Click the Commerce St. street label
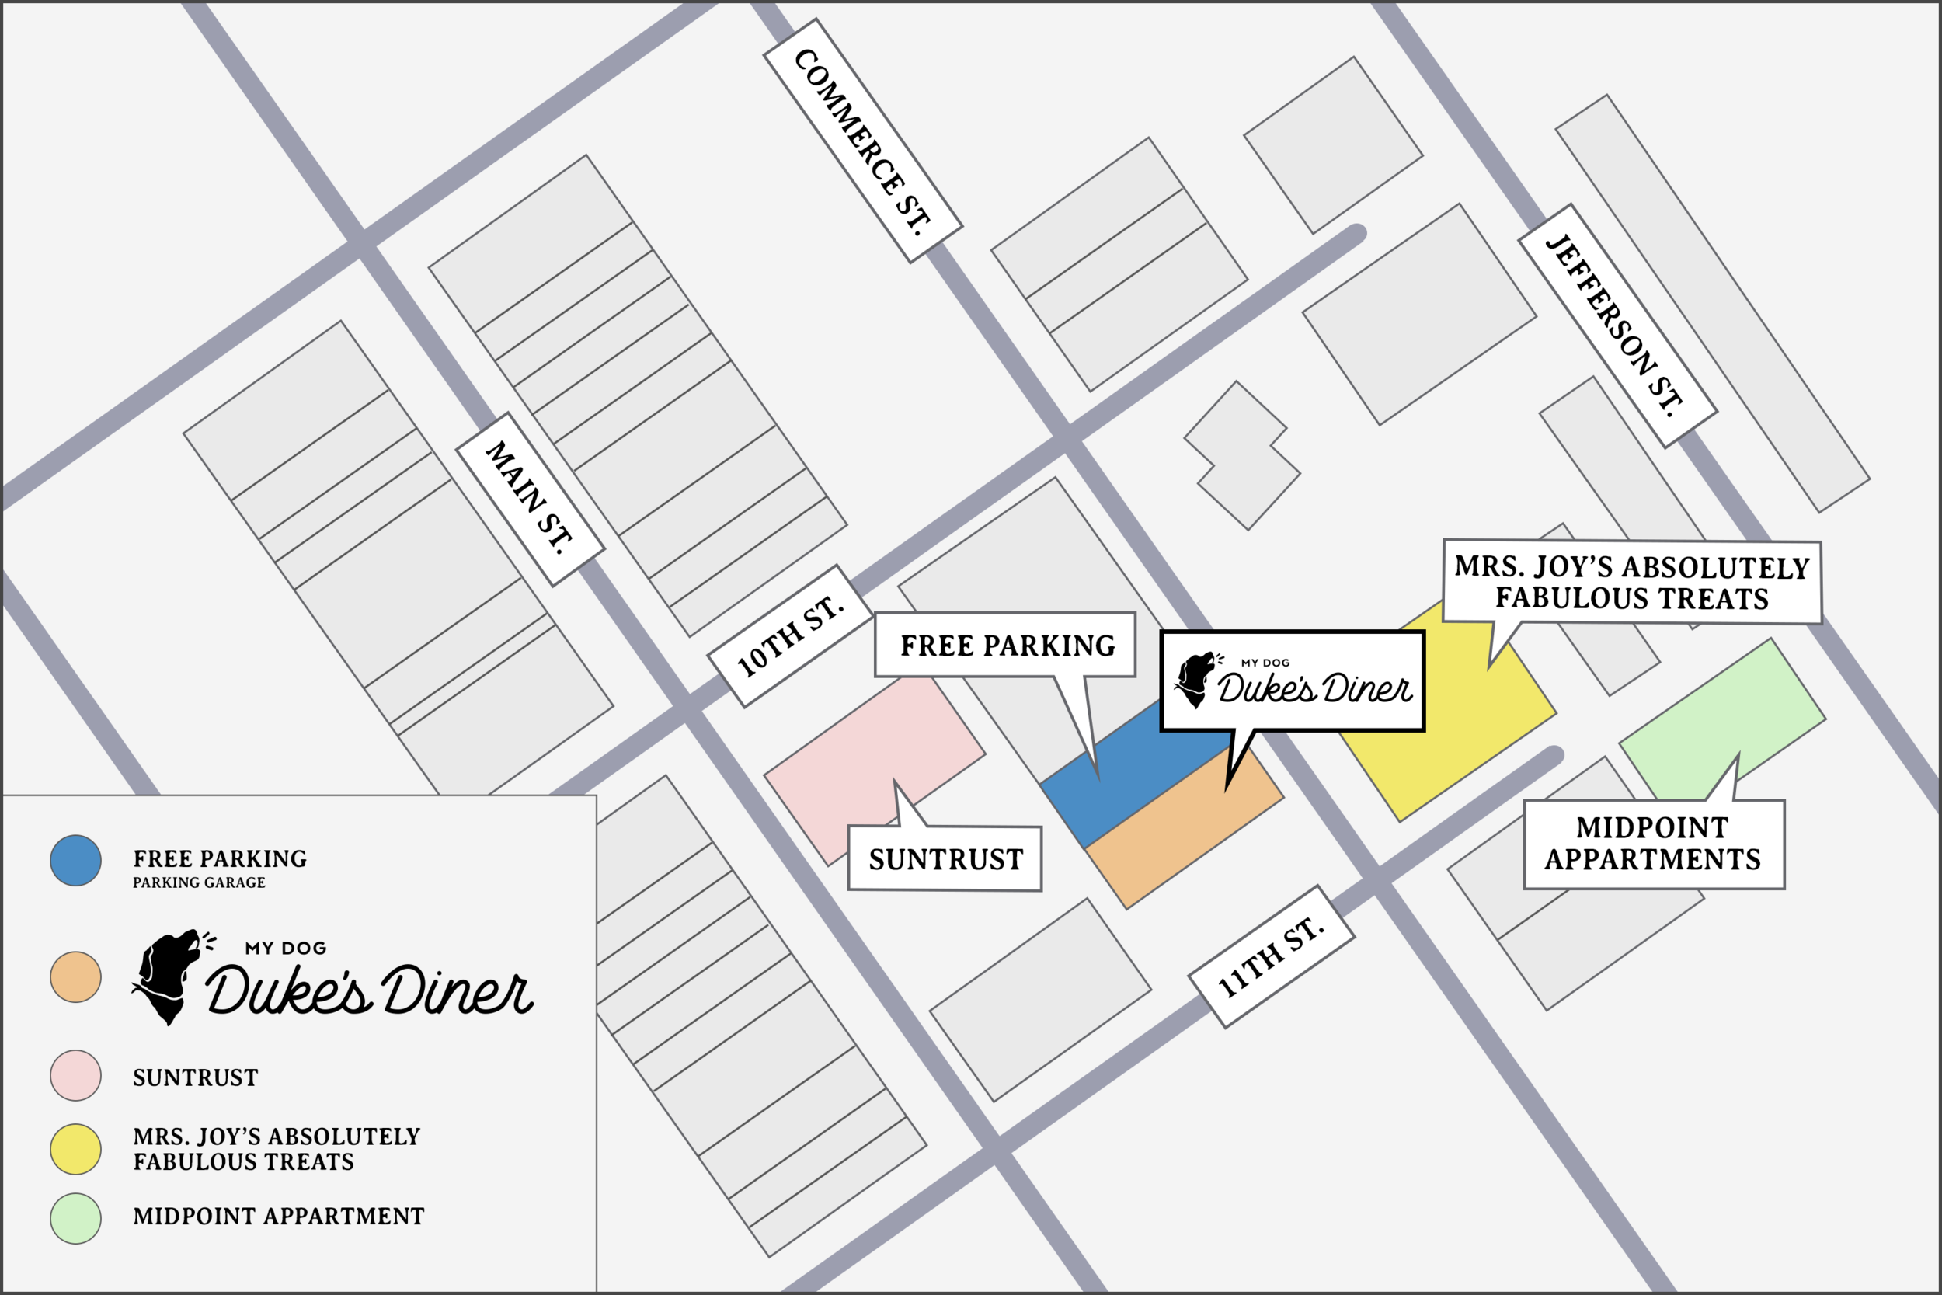click(863, 141)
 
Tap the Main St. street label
click(530, 499)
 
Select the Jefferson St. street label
click(1617, 325)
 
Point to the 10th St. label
click(790, 636)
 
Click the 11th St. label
click(1272, 956)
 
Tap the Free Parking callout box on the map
click(1005, 645)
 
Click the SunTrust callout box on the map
click(945, 859)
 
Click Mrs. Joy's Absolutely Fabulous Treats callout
click(1631, 583)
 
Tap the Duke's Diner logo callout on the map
click(1292, 681)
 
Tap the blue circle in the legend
click(75, 861)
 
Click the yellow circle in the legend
click(75, 1149)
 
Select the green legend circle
click(75, 1218)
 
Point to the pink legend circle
click(75, 1075)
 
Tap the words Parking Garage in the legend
click(199, 882)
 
